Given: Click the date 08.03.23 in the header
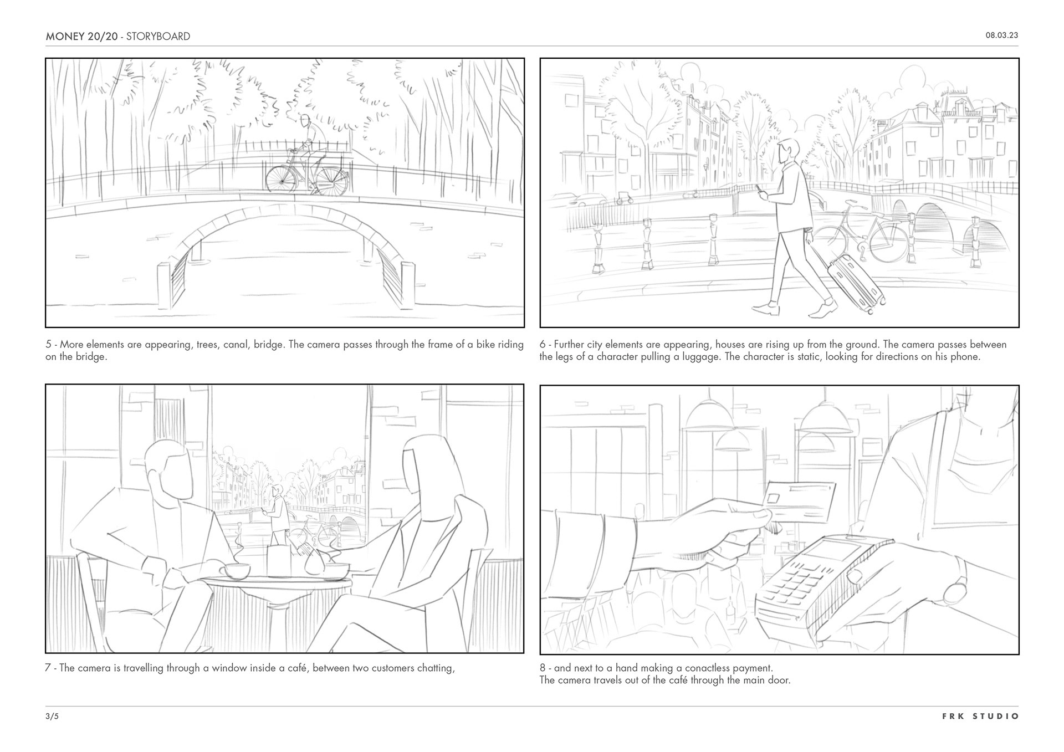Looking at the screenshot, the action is [x=1001, y=35].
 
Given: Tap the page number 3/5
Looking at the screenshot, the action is [x=52, y=716].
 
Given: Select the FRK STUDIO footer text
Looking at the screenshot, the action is [x=980, y=716].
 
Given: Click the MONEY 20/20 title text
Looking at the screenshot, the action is [x=81, y=37].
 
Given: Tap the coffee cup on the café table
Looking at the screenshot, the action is [x=235, y=571].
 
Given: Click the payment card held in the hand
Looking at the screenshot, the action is [x=800, y=502].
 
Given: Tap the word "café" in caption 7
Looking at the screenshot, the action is [x=298, y=668].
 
